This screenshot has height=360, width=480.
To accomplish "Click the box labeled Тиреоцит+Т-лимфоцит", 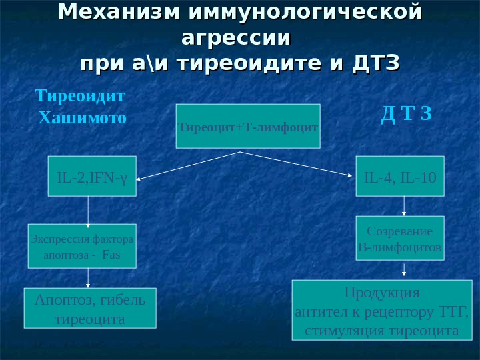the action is point(247,125).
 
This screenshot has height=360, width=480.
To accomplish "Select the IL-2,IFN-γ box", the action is point(92,177).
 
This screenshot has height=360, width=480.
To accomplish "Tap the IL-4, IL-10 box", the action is point(399,177).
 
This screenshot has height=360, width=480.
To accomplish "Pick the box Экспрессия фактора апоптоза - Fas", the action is point(81,246).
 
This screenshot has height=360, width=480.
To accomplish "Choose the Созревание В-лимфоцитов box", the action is point(399,239).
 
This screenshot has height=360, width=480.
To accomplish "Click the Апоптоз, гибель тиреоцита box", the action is point(90,308).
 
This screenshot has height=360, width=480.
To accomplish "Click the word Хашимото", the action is point(82,119).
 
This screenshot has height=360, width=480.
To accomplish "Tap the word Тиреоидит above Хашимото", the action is point(80,96).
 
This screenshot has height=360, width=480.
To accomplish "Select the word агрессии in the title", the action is point(236,37).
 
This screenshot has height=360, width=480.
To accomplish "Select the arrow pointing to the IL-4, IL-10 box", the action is point(297,164).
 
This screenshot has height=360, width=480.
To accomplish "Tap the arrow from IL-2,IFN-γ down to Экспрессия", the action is point(89,210).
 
